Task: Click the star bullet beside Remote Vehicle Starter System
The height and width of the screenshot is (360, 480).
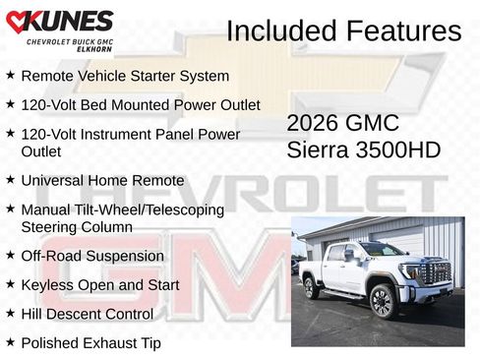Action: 10,75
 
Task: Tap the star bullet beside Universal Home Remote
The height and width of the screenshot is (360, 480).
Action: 10,180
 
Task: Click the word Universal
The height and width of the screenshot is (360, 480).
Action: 55,181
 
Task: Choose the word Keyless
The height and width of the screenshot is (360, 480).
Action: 47,285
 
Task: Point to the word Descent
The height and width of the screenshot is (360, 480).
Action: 86,315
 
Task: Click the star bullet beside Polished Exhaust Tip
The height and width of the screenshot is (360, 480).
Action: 10,342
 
